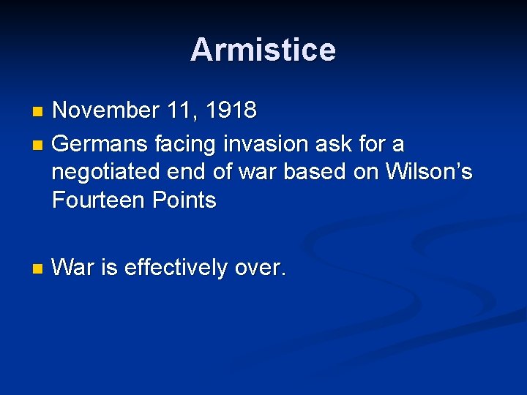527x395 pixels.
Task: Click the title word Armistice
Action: tap(263, 50)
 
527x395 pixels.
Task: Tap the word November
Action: tap(105, 110)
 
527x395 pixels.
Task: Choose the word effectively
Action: tap(176, 268)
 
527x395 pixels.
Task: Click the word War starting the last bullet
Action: tap(74, 268)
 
